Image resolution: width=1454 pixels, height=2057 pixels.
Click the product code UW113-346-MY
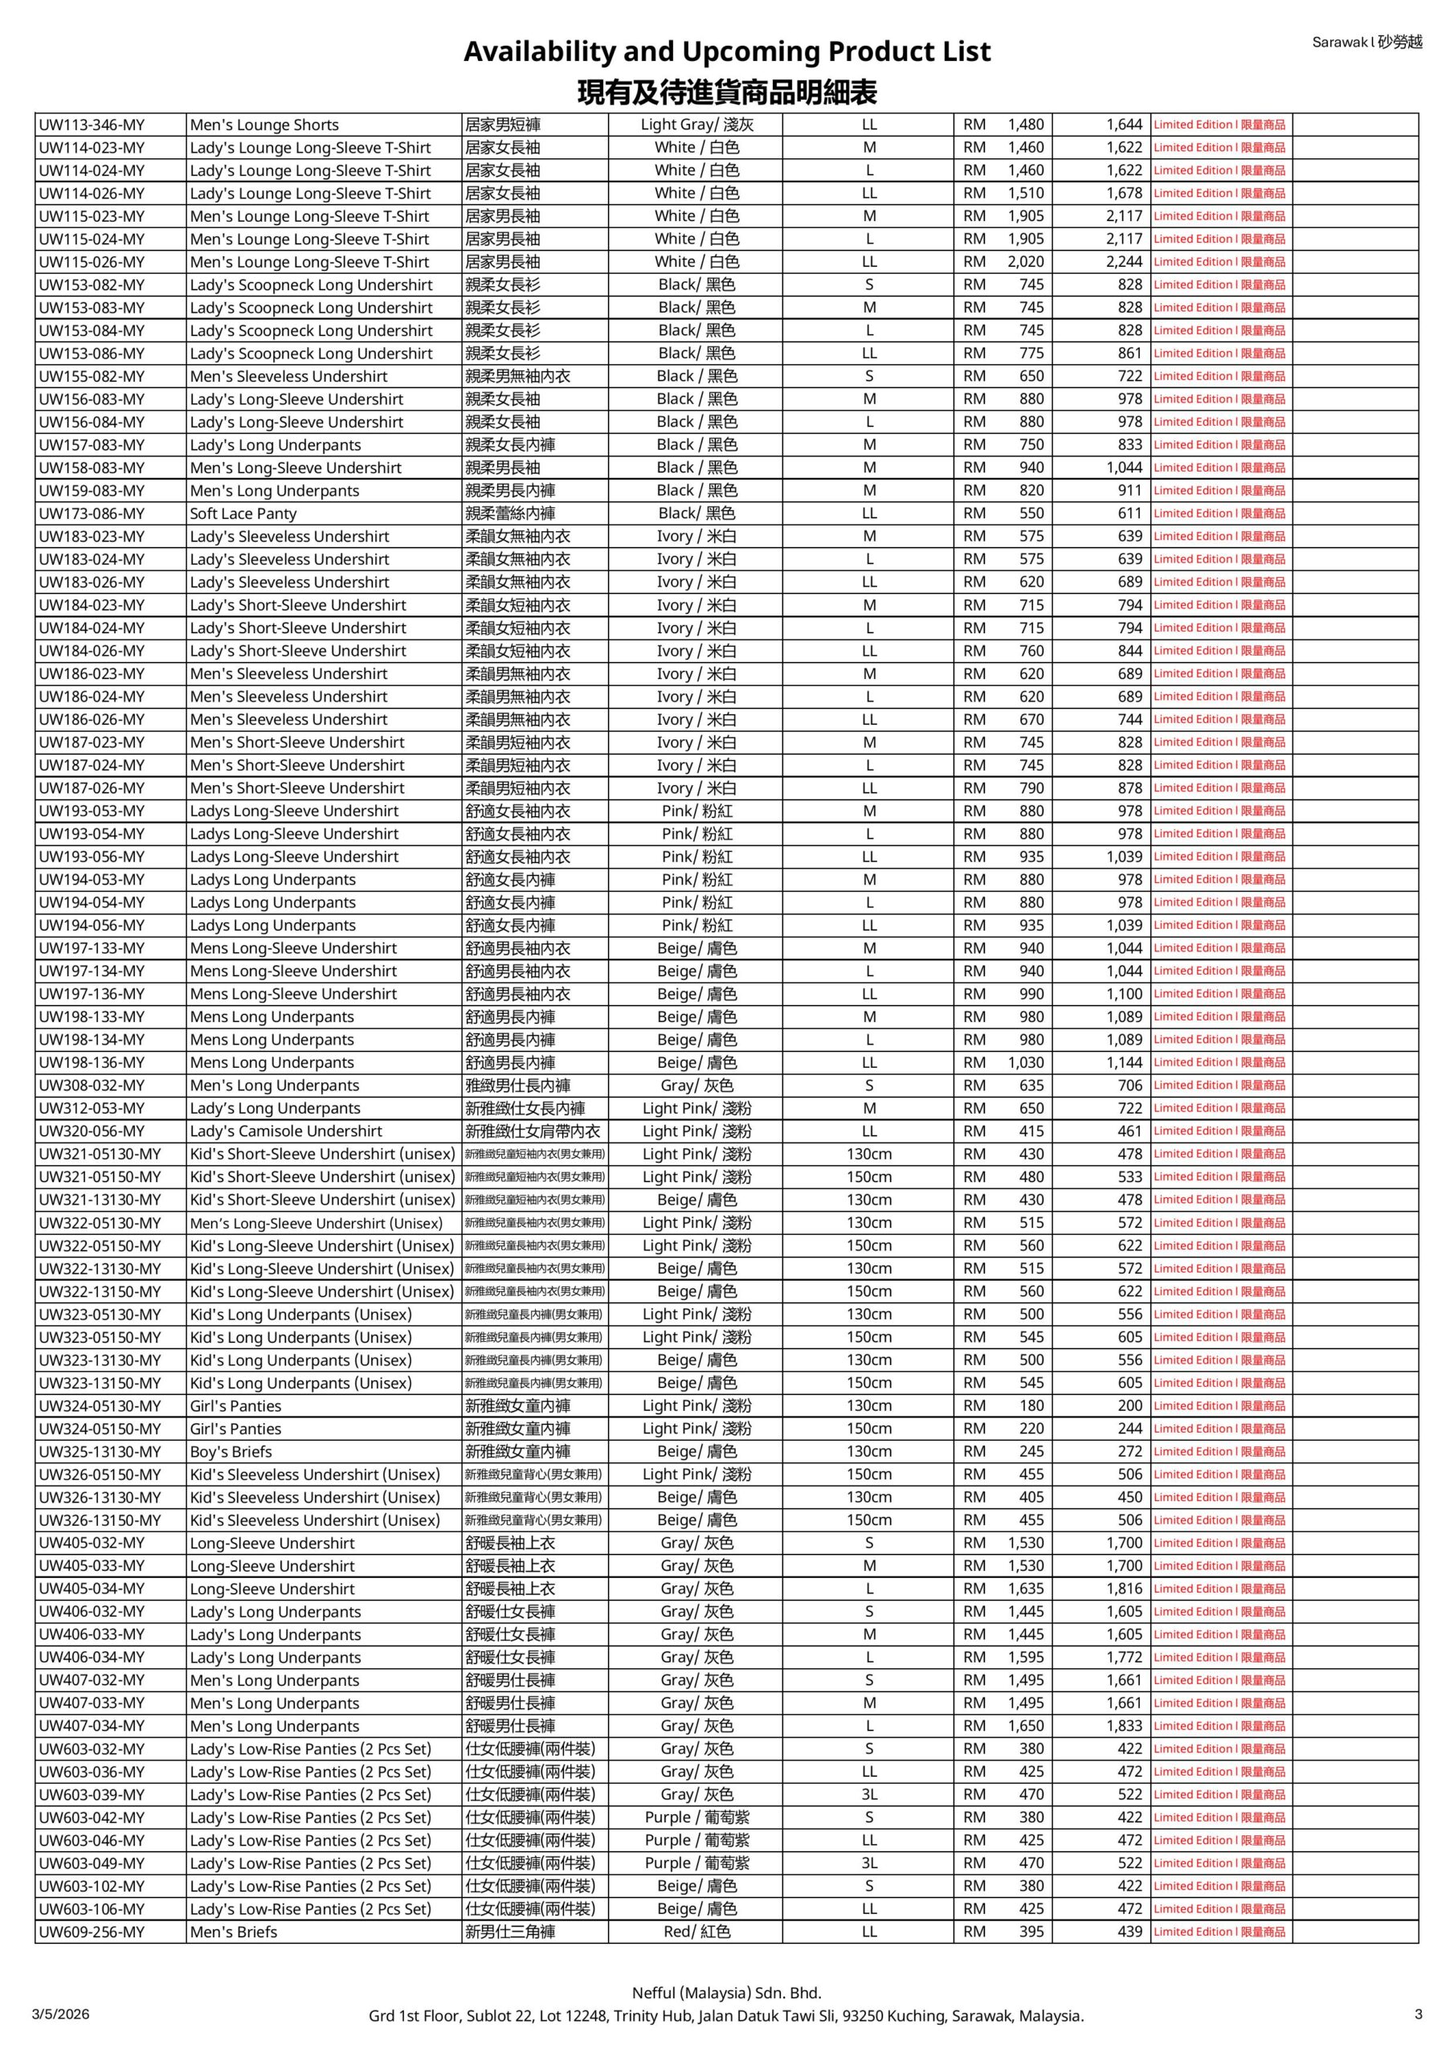click(x=92, y=125)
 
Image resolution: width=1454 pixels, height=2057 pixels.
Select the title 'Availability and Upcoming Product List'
click(x=726, y=52)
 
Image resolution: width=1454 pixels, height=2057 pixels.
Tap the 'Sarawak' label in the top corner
click(x=1339, y=42)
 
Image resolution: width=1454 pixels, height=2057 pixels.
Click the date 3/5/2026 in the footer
click(x=61, y=2014)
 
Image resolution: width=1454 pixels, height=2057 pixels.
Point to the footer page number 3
click(x=1418, y=2014)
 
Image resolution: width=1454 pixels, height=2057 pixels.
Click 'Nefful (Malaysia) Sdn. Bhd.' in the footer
click(x=726, y=1993)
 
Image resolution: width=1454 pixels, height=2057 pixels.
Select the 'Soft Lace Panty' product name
click(x=243, y=513)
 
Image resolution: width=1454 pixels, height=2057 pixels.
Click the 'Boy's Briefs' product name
click(x=231, y=1451)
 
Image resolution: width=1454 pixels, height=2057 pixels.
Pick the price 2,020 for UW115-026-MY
click(x=1026, y=262)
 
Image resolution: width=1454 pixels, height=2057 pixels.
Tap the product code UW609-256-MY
click(x=92, y=1932)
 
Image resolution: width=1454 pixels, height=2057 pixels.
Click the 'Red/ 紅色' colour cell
click(x=697, y=1932)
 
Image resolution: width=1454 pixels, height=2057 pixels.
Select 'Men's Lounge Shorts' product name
click(x=264, y=125)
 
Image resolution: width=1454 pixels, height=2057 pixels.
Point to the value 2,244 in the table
click(x=1125, y=262)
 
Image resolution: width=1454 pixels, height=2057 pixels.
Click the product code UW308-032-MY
click(x=92, y=1085)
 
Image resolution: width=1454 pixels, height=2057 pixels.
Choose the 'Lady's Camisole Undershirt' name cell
click(x=286, y=1131)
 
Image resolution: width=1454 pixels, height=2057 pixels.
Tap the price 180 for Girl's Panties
click(x=1031, y=1405)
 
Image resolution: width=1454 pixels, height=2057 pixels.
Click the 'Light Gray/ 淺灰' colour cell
click(x=697, y=125)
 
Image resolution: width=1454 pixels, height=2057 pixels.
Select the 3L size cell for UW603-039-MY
click(x=869, y=1794)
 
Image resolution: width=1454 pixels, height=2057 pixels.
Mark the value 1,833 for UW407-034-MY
click(x=1125, y=1725)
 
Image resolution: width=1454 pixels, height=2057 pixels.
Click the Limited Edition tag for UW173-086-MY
click(x=1219, y=513)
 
